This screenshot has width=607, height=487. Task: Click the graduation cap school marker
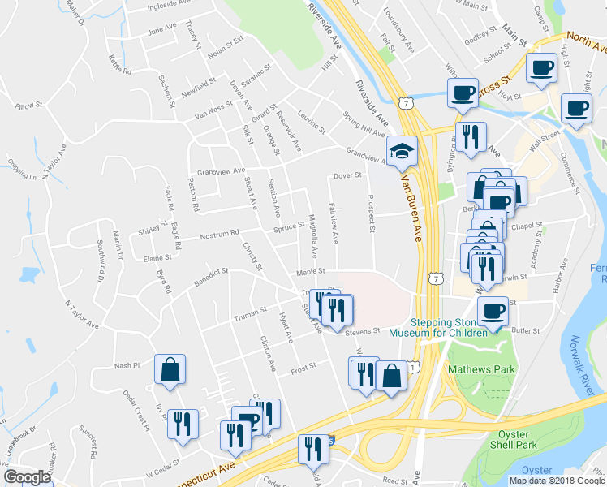coord(401,151)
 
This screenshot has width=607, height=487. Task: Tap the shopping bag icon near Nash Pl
coord(170,369)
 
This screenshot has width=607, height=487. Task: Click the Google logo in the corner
coord(27,477)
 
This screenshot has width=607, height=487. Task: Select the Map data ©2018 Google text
coord(557,481)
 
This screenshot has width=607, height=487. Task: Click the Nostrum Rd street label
coord(221,236)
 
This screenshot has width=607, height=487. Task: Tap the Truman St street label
coord(251,311)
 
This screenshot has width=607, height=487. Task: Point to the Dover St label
coord(347,176)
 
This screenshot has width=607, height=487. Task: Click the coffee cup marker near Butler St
coord(493,311)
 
